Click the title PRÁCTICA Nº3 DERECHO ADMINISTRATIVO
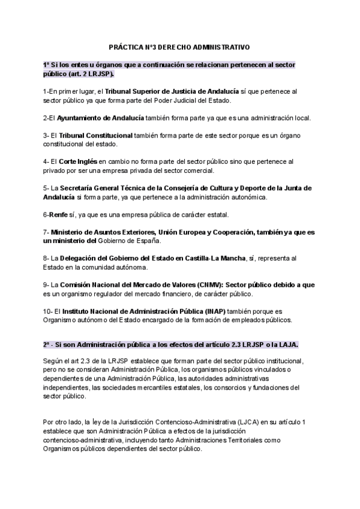tap(180, 46)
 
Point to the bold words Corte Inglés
tap(78, 161)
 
